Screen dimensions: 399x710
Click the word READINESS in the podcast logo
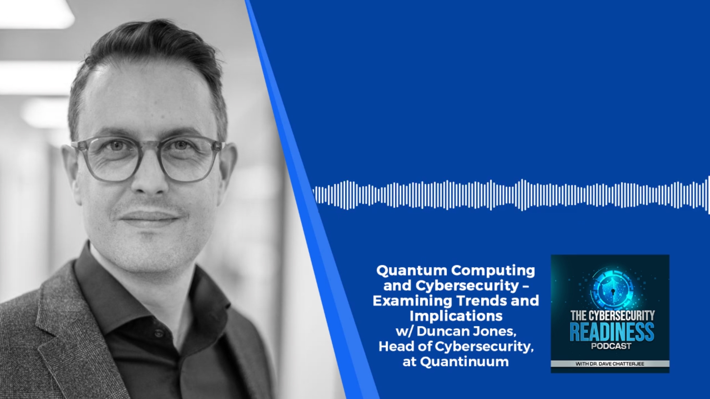(612, 332)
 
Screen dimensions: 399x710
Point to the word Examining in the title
(412, 301)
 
